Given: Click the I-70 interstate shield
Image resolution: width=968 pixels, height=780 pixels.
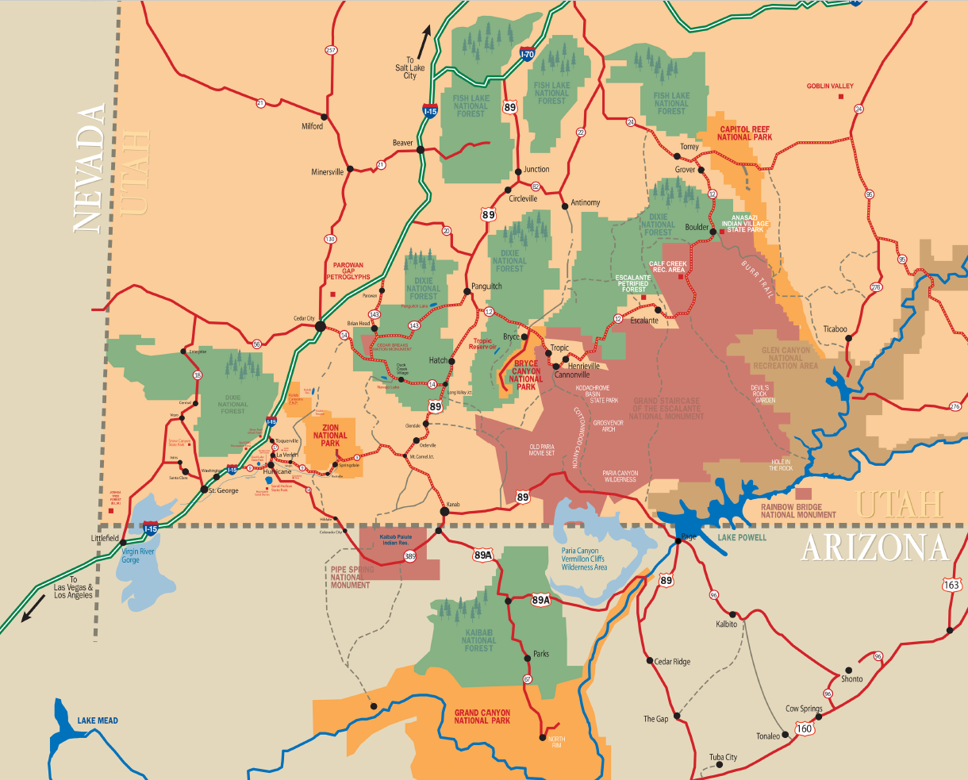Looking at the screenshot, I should (x=527, y=54).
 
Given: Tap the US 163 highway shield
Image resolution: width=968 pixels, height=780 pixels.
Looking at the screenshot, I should (x=952, y=584).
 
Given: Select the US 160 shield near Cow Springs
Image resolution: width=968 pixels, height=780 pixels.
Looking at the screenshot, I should (x=805, y=728).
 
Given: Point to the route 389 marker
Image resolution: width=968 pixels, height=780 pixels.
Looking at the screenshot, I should (x=409, y=557).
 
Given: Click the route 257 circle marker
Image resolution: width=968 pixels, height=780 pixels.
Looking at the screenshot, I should (x=331, y=50).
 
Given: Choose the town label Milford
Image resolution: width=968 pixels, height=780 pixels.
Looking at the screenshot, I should (x=312, y=126).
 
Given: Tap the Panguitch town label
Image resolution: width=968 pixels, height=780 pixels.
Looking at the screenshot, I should (x=486, y=286).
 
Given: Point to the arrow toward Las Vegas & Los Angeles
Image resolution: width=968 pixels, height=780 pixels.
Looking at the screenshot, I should (x=29, y=613).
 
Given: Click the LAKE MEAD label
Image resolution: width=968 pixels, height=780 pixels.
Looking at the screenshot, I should (x=98, y=720).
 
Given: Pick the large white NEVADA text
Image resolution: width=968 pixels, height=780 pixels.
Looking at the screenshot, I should (x=90, y=168).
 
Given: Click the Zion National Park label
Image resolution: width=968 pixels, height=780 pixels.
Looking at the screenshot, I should (x=330, y=435).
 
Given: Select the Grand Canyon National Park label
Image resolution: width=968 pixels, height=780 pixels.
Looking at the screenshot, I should (x=482, y=717).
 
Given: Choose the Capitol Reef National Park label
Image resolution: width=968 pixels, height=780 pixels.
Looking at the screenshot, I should (x=746, y=133).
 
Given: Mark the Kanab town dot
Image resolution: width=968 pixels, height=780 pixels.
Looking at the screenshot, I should (x=444, y=512).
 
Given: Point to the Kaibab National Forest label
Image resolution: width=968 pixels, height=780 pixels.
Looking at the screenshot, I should (x=478, y=640).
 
